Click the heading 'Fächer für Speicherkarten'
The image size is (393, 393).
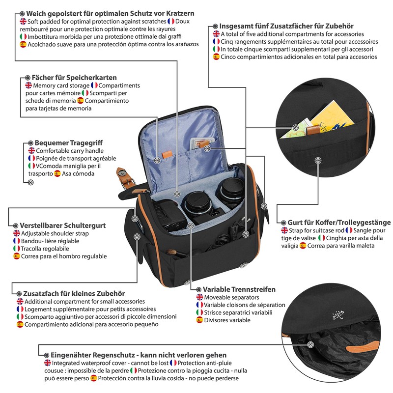click(x=75, y=78)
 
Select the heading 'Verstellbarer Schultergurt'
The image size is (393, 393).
click(x=62, y=225)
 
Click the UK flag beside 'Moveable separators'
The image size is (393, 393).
click(x=199, y=298)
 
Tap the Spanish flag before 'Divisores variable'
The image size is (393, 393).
click(x=199, y=320)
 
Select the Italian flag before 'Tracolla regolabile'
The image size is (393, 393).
click(x=17, y=249)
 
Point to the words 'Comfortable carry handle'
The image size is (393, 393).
click(x=70, y=151)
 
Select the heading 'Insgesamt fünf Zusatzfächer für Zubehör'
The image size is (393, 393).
click(x=286, y=26)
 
